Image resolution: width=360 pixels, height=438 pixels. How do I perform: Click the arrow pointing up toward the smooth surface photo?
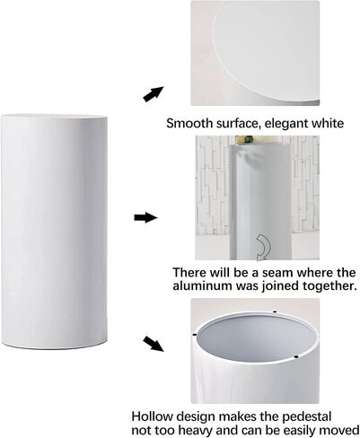click(x=154, y=94)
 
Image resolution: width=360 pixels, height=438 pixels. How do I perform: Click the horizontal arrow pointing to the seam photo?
click(x=145, y=217)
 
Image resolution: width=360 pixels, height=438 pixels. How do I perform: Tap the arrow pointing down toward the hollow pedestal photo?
click(x=154, y=344)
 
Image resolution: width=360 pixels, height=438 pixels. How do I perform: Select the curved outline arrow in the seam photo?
click(x=263, y=248)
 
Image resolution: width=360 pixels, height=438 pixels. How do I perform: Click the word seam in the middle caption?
click(x=280, y=273)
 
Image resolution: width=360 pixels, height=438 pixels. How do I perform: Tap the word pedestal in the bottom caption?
click(x=305, y=417)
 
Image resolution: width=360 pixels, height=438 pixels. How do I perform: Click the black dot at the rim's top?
click(x=275, y=312)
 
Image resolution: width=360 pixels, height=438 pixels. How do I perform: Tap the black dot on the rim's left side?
click(x=195, y=335)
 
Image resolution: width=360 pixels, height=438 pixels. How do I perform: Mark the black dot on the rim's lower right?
click(x=296, y=356)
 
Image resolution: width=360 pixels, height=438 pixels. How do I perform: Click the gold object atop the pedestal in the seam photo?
click(x=244, y=139)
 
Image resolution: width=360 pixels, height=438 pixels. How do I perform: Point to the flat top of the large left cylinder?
click(x=54, y=117)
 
